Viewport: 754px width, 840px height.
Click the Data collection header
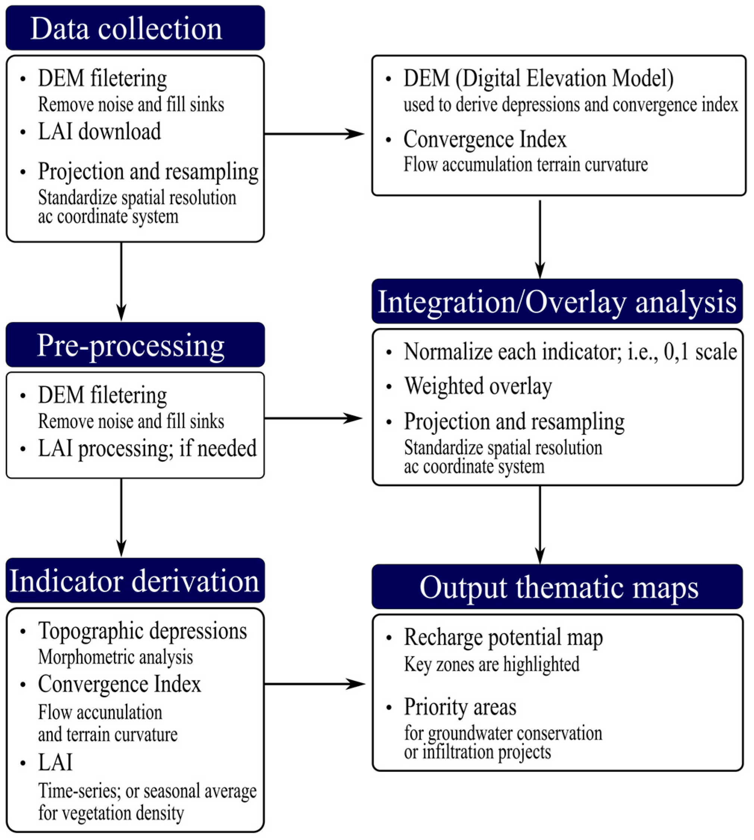(x=127, y=29)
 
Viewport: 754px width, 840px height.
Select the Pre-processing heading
(x=131, y=345)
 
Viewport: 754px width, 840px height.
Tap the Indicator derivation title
(x=135, y=581)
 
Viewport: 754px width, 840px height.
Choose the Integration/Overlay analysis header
(x=557, y=302)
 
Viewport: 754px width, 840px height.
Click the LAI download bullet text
(x=99, y=132)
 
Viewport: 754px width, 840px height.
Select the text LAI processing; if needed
(x=147, y=448)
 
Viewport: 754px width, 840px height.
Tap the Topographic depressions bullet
(x=142, y=631)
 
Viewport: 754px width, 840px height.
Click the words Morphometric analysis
(x=115, y=657)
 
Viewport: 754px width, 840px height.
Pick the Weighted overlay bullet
(x=478, y=386)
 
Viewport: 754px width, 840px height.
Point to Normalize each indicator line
(x=570, y=352)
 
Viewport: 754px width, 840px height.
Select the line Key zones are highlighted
(x=491, y=664)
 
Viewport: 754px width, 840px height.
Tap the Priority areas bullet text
(x=460, y=707)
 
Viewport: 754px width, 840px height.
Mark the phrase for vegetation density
(x=111, y=813)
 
